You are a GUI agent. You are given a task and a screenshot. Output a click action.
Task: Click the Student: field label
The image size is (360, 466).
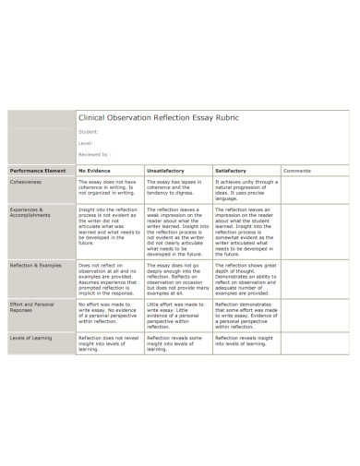coord(90,132)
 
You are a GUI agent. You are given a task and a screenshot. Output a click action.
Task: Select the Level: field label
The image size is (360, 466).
coord(87,143)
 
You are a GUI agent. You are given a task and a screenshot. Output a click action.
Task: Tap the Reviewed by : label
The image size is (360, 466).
coord(95,155)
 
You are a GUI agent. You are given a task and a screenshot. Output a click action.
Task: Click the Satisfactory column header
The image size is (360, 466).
coord(232,171)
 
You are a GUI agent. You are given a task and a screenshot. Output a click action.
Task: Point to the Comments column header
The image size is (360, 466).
coord(297,171)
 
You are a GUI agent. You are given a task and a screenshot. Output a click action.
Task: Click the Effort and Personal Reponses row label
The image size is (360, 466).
coord(33,306)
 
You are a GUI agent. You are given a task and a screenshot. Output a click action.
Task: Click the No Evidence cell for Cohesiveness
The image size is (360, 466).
coord(108,189)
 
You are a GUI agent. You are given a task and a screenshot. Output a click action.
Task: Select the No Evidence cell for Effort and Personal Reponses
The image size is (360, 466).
coord(108,315)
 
